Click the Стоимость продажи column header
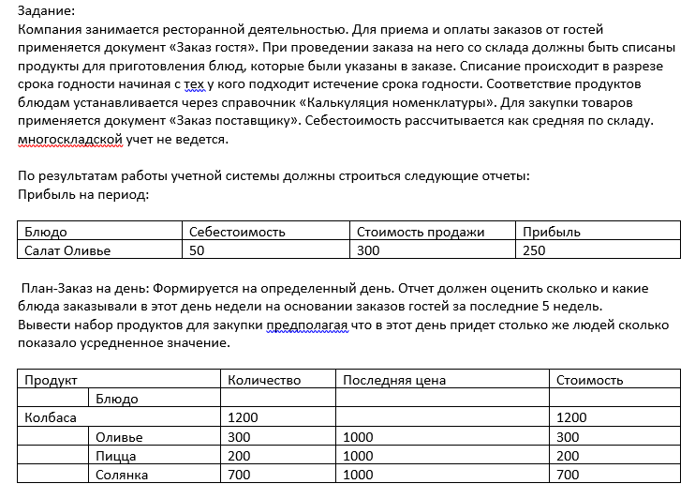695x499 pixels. (x=419, y=232)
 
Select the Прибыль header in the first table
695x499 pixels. (x=552, y=232)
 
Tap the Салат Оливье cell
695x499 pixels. (x=67, y=250)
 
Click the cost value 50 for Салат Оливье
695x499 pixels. (x=197, y=250)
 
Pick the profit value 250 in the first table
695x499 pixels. (x=534, y=250)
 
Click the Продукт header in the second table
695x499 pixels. (x=51, y=380)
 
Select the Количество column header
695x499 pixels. (x=263, y=380)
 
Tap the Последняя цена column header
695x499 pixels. (x=394, y=380)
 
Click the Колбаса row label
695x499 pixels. (x=51, y=417)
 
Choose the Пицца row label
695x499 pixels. (x=117, y=455)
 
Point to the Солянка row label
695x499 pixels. (x=123, y=475)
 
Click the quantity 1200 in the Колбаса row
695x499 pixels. (x=243, y=417)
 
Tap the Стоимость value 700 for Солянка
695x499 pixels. (x=568, y=475)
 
